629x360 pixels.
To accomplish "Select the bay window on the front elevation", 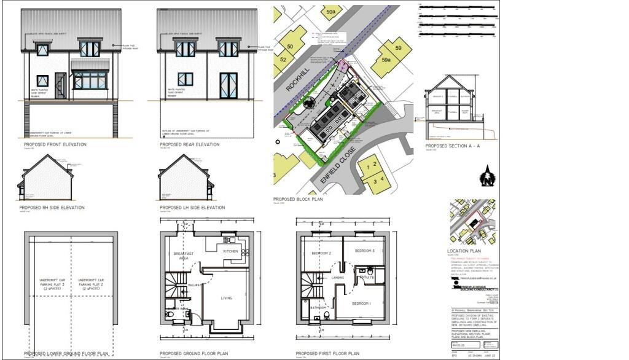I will pyautogui.click(x=90, y=79).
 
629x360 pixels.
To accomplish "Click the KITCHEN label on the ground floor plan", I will pyautogui.click(x=230, y=252).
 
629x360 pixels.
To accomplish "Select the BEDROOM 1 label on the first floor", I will pyautogui.click(x=361, y=303).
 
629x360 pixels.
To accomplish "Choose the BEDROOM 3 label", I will pyautogui.click(x=365, y=252).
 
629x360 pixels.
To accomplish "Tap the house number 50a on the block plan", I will pyautogui.click(x=332, y=11).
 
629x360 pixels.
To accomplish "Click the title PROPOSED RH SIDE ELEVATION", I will pyautogui.click(x=52, y=208).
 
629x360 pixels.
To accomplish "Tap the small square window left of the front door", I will pyautogui.click(x=42, y=80).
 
